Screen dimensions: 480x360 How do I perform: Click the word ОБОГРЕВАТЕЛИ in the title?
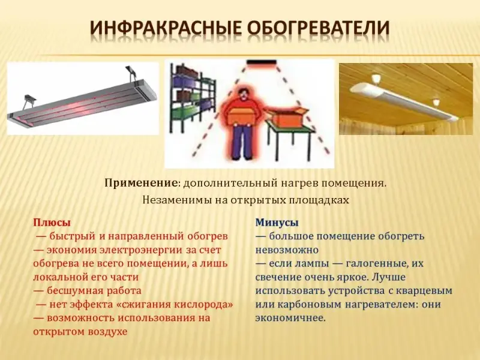point(319,28)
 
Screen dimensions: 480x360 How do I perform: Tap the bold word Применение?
point(141,184)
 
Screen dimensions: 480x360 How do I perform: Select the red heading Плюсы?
point(52,223)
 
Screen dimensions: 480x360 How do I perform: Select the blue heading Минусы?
point(277,223)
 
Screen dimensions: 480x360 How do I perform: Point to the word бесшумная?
point(74,290)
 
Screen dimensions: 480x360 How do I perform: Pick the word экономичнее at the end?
point(290,318)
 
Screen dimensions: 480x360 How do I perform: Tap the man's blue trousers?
point(244,142)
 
